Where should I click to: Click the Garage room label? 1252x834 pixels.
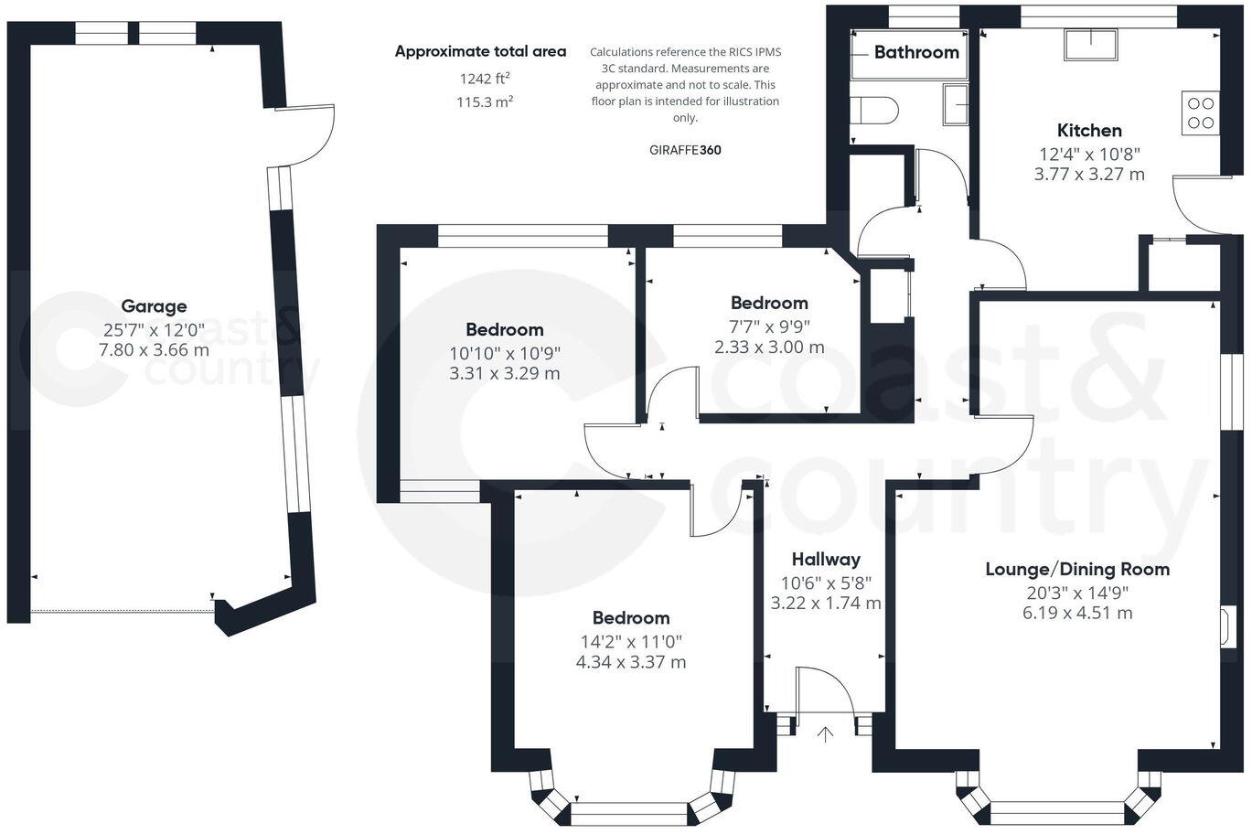point(154,306)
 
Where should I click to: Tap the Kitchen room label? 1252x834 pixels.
point(1089,131)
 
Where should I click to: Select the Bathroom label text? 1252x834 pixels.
point(916,52)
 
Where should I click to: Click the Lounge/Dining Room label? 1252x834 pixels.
point(1077,569)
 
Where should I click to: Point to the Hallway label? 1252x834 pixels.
point(826,559)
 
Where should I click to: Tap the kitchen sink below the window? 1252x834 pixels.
point(1090,45)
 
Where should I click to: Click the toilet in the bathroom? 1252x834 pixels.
point(874,111)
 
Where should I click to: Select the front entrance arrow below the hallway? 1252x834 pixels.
point(825,734)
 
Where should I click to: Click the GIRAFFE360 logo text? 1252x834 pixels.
point(685,150)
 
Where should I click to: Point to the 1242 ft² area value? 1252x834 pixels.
point(484,79)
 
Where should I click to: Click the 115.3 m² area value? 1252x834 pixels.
point(484,102)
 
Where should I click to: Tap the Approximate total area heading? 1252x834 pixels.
point(480,52)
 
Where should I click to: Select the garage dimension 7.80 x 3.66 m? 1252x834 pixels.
point(154,350)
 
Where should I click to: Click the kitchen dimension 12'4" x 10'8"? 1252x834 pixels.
point(1089,154)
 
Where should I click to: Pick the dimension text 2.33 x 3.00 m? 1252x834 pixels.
point(769,347)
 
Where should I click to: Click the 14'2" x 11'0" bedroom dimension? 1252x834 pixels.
point(630,641)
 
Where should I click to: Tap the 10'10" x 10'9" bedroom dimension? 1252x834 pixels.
point(504,352)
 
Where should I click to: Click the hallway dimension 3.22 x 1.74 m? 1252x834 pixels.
point(826,604)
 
